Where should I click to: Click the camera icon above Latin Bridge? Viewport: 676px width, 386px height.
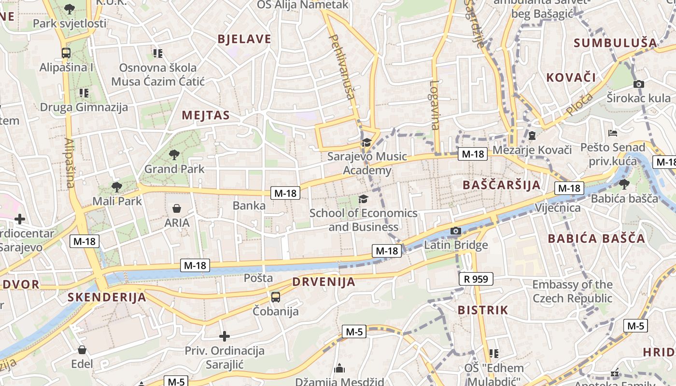455,231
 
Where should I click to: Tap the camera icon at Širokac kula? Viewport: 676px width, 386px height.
638,84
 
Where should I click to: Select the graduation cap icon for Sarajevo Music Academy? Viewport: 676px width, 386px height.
366,142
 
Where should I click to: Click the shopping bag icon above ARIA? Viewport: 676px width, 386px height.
177,208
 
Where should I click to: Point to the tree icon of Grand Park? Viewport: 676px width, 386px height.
174,155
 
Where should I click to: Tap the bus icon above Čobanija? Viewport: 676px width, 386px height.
275,297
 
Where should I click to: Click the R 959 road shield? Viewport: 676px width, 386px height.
476,279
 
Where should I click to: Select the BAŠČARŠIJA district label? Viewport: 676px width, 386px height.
501,185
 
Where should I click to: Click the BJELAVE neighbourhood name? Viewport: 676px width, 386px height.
244,40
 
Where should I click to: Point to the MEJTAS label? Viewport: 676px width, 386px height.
205,115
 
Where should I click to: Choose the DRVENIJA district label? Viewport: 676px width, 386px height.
324,282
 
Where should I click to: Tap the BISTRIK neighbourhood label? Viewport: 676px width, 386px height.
482,310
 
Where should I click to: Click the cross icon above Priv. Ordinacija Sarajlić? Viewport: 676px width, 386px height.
225,336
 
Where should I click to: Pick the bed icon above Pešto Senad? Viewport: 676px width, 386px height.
613,133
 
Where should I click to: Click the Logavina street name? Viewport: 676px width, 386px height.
435,105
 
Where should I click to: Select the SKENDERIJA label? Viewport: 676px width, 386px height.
107,297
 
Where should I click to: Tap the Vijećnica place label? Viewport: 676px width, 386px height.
558,208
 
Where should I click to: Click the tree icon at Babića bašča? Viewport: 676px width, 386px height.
624,184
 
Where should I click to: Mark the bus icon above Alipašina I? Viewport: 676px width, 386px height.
66,53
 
